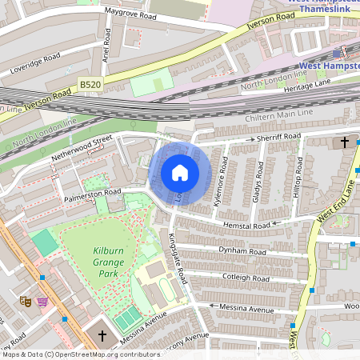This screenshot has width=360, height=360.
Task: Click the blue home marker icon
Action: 180,173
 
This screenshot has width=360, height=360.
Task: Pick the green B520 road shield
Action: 91,82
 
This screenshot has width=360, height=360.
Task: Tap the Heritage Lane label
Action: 308,83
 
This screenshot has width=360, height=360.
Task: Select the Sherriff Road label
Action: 278,138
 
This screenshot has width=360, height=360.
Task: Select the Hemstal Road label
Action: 248,226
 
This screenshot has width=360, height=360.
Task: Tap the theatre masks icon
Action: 25,301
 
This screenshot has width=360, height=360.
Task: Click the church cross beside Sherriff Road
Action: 345,142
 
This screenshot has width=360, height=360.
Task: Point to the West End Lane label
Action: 336,202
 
